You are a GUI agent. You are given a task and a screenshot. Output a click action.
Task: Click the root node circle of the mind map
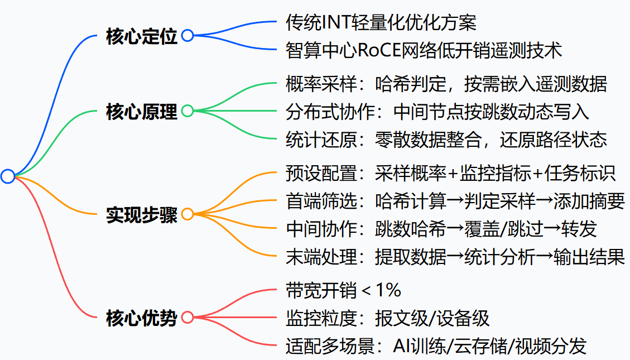(x=8, y=176)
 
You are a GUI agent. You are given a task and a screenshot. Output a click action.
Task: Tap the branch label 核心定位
(x=141, y=36)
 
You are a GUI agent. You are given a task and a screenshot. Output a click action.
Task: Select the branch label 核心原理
(x=141, y=112)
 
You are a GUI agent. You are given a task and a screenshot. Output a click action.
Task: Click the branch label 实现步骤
(x=141, y=215)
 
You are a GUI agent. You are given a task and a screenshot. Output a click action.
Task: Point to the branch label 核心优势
(x=141, y=318)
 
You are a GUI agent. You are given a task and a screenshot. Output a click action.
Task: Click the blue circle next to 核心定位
(x=187, y=36)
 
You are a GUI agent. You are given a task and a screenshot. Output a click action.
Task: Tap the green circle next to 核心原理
(x=187, y=111)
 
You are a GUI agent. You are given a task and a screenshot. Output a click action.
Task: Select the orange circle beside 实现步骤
(x=187, y=214)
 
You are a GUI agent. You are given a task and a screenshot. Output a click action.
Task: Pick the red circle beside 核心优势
(x=187, y=318)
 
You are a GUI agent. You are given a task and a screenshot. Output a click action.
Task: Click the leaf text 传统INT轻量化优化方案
(x=381, y=22)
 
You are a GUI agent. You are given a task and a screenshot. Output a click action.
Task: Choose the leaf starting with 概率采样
(x=446, y=84)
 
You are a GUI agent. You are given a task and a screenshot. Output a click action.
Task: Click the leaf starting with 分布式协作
(x=437, y=112)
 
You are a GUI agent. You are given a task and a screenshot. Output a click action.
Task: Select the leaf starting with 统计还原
(x=446, y=139)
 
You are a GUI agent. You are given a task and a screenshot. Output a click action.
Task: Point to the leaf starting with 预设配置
(x=450, y=174)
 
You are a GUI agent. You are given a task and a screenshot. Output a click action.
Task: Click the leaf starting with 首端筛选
(x=455, y=201)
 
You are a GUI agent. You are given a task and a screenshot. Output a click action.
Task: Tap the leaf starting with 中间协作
(x=441, y=228)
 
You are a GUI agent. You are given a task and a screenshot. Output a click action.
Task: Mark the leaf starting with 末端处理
(x=455, y=256)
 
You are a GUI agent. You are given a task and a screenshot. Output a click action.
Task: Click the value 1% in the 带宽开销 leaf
(x=388, y=290)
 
